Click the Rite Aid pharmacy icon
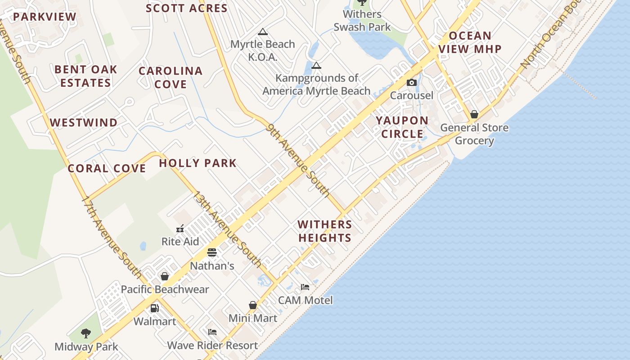[x=180, y=229]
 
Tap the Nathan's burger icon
[x=212, y=252]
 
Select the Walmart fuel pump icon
[x=154, y=308]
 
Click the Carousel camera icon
[x=411, y=82]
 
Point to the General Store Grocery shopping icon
[x=474, y=114]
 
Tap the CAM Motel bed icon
[x=305, y=287]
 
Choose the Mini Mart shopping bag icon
[x=253, y=305]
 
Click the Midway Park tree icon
[x=86, y=333]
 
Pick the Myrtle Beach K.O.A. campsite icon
[x=263, y=31]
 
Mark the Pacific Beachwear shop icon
[x=165, y=276]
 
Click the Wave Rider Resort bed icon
[x=212, y=332]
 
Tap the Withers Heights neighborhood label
[x=324, y=231]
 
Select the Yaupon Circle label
[x=402, y=127]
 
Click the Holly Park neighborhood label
[x=198, y=163]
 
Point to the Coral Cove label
[x=107, y=168]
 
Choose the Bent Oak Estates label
[x=85, y=76]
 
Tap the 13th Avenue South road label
[x=227, y=229]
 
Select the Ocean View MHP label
[x=470, y=42]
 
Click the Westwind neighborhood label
[x=84, y=122]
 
